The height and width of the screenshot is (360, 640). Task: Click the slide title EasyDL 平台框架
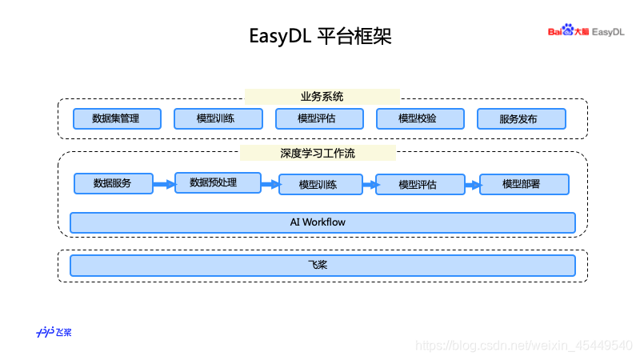point(320,36)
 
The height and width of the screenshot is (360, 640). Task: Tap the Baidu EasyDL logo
point(586,31)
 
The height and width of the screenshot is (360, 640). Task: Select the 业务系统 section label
point(322,97)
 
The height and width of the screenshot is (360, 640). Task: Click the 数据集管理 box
point(117,118)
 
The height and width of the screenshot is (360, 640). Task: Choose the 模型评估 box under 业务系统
point(318,118)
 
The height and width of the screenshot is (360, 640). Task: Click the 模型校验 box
point(419,118)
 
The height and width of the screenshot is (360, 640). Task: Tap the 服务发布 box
point(521,118)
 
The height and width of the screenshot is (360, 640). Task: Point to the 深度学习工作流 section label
point(318,152)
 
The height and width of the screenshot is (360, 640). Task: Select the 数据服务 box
point(113,183)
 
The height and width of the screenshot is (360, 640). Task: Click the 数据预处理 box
point(217,182)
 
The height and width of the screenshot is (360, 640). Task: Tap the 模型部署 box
point(524,184)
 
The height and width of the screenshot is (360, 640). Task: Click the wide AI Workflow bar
point(322,222)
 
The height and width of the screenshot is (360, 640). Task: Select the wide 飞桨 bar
point(322,265)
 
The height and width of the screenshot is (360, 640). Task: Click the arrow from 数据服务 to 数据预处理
point(164,184)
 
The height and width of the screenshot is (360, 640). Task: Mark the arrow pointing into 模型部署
point(472,185)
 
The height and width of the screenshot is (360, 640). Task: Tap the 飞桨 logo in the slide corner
point(54,332)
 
